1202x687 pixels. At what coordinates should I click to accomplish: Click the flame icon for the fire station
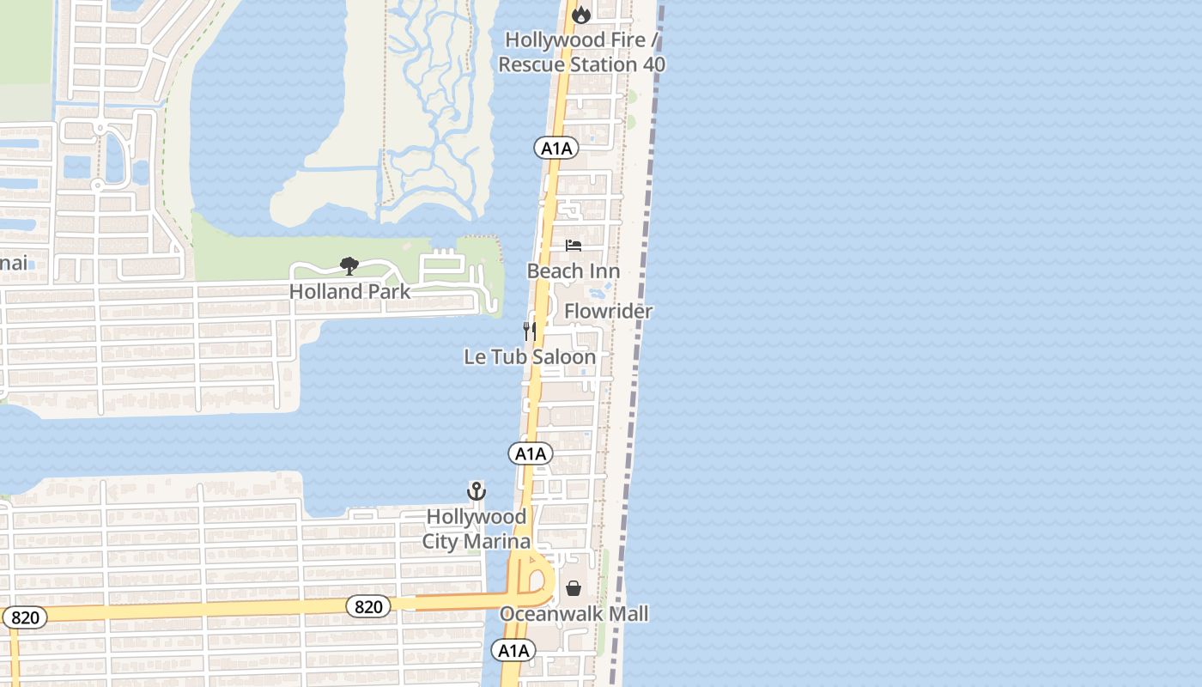click(x=581, y=15)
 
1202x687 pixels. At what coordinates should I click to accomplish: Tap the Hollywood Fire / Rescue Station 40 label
click(x=581, y=52)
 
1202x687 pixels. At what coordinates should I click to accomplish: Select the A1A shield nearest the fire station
click(x=556, y=149)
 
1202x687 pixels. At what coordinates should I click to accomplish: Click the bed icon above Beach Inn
click(x=574, y=246)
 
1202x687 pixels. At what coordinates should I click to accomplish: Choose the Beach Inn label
click(x=574, y=271)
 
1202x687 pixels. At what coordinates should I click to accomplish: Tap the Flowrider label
click(x=609, y=311)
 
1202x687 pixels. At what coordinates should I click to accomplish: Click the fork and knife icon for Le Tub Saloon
click(x=530, y=331)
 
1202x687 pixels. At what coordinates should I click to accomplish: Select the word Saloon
click(x=562, y=356)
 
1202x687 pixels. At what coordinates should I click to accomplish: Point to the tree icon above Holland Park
click(x=349, y=265)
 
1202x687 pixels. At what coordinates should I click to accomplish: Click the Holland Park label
click(x=349, y=291)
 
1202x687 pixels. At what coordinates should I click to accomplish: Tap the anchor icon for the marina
click(x=477, y=491)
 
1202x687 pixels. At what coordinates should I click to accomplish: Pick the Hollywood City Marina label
click(x=477, y=529)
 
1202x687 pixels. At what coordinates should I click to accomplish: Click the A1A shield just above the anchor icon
click(x=530, y=454)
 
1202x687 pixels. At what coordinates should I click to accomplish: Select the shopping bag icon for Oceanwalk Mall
click(x=574, y=588)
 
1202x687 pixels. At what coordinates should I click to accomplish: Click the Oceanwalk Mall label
click(x=574, y=614)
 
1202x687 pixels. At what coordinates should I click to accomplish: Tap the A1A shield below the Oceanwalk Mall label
click(x=513, y=651)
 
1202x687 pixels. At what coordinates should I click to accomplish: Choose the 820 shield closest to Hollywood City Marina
click(x=368, y=607)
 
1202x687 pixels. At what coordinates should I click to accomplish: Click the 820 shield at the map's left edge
click(x=25, y=617)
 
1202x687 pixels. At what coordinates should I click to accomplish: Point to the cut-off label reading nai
click(x=14, y=263)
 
